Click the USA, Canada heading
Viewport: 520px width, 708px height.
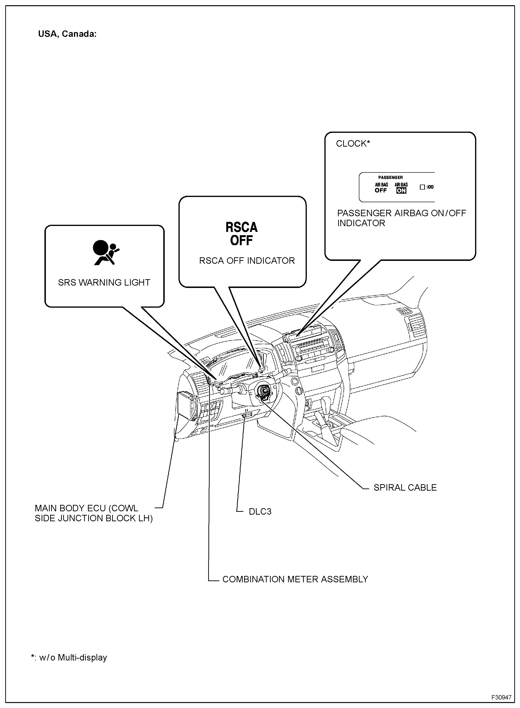click(x=67, y=34)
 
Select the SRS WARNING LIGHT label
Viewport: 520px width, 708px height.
click(x=104, y=282)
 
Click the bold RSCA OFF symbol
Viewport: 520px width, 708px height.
click(x=241, y=234)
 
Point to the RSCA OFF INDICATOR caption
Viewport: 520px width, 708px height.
click(x=247, y=261)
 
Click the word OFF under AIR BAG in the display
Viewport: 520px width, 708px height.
click(x=380, y=190)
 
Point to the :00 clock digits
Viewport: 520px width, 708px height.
click(x=430, y=187)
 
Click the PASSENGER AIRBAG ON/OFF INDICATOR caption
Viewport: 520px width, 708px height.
click(x=401, y=218)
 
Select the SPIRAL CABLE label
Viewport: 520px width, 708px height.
click(x=405, y=488)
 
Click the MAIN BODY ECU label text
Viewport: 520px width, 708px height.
click(x=93, y=513)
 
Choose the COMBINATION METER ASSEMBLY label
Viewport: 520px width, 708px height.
click(x=295, y=579)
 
